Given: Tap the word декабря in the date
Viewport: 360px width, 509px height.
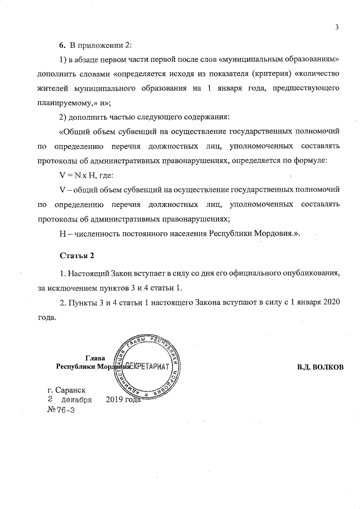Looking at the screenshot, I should coord(77,400).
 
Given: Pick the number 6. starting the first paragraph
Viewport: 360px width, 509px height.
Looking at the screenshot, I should coord(64,44).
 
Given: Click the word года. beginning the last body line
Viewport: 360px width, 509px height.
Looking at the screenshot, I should coord(47,317).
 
